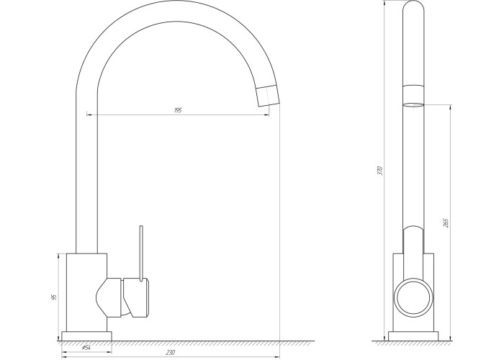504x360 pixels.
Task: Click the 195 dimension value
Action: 178,110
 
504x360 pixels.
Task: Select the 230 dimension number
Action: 171,353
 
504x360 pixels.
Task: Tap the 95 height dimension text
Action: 54,297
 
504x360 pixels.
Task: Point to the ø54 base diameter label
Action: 86,347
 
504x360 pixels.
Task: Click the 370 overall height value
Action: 380,171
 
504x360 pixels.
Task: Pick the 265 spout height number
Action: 446,222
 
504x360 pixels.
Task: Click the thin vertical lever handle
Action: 141,253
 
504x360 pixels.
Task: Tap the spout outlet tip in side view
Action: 268,96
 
